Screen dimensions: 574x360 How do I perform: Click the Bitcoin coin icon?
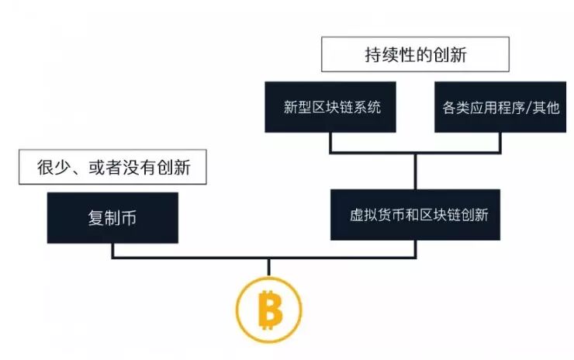[x=268, y=311]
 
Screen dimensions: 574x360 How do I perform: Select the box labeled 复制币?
[x=112, y=217]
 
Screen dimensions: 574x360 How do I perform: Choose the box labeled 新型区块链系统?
[x=333, y=107]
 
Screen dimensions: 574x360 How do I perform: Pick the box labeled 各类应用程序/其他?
[x=500, y=107]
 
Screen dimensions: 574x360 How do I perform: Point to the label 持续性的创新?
[x=415, y=56]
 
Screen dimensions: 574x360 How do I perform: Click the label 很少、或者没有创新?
[x=112, y=167]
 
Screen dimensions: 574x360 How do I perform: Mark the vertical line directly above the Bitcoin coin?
[x=268, y=268]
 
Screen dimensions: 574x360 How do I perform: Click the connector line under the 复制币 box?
[x=113, y=250]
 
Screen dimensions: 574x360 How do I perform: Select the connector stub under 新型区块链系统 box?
[x=332, y=142]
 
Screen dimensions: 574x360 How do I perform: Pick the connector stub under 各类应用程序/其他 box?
[x=500, y=142]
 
